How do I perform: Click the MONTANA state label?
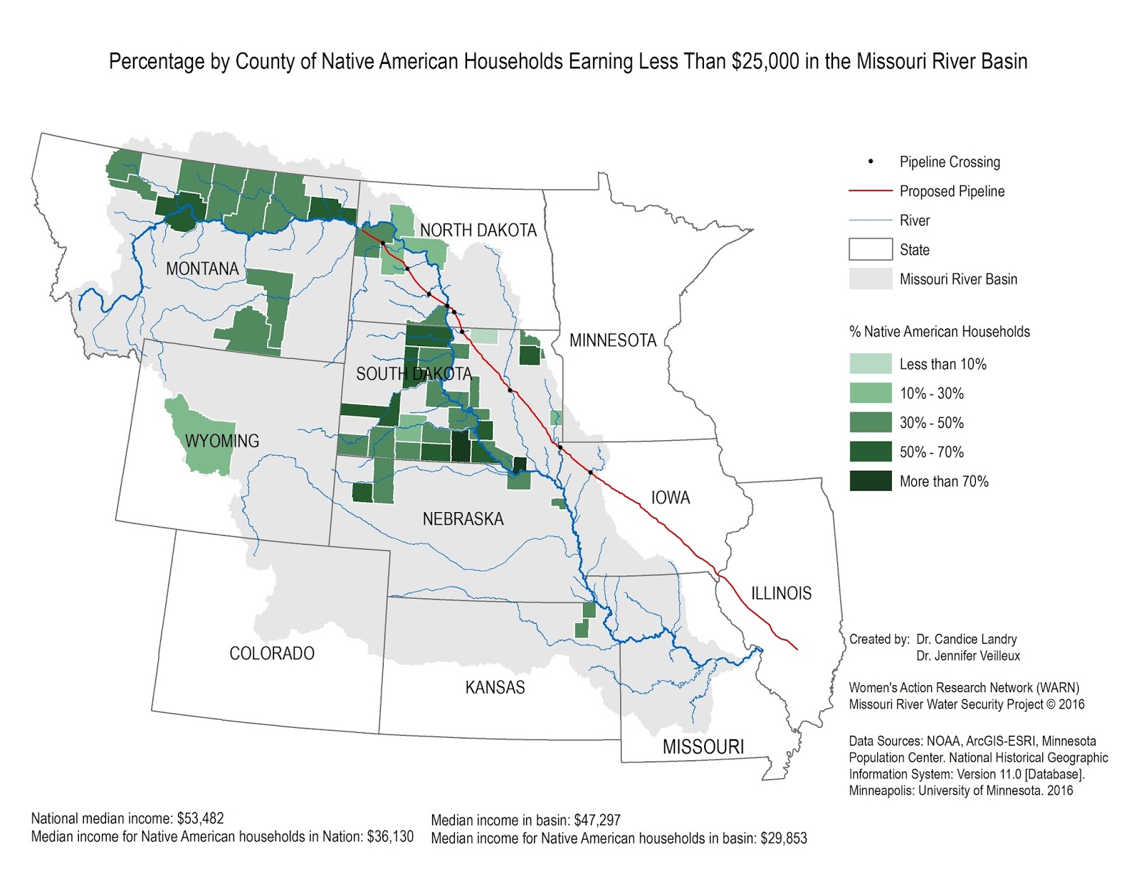[202, 269]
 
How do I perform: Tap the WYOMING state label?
[222, 441]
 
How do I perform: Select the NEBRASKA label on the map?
[463, 518]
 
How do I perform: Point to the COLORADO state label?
[271, 653]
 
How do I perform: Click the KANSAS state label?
[495, 687]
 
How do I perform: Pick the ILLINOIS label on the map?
[781, 593]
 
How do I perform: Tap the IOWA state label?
[670, 497]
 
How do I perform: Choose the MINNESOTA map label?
[612, 340]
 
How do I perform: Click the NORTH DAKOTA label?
[478, 230]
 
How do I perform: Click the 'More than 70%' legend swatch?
[870, 481]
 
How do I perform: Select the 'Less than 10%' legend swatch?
[870, 364]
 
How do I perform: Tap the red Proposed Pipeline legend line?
[870, 191]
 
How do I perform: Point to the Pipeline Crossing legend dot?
[870, 162]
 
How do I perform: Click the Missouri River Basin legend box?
[870, 278]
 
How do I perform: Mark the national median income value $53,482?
[200, 818]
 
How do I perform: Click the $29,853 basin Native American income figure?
[783, 838]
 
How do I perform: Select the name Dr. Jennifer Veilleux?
[967, 656]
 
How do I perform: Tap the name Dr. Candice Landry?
[966, 639]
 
